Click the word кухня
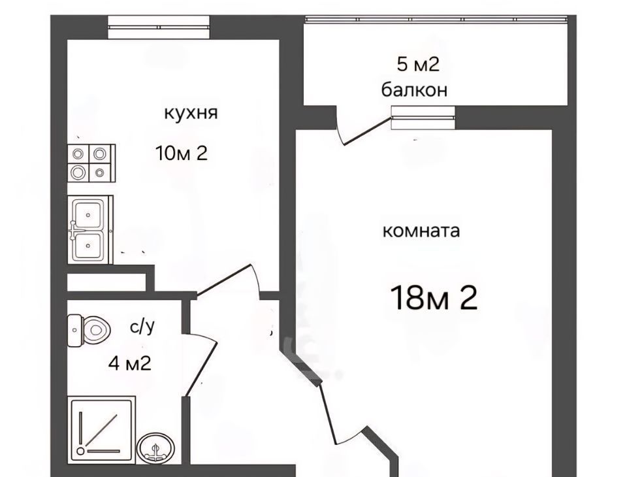[191, 113]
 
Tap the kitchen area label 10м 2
[182, 153]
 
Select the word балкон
[414, 90]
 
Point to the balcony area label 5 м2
[418, 64]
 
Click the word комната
[421, 231]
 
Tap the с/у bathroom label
[142, 327]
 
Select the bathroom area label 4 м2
[129, 363]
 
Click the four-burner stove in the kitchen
[91, 163]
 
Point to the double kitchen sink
[90, 230]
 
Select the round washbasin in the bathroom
[156, 448]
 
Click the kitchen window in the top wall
[159, 27]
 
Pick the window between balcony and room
[423, 118]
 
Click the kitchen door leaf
[223, 280]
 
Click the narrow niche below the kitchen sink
[106, 282]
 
